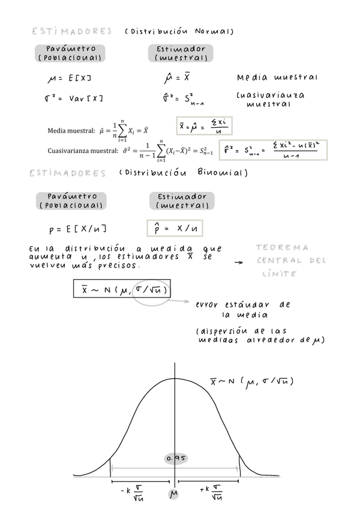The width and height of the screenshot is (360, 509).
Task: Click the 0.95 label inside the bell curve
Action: [176, 458]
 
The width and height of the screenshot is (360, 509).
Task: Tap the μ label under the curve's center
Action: [174, 494]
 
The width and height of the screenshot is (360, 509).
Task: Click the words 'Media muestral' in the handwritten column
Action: [277, 78]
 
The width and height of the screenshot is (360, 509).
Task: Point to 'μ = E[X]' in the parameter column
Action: [70, 79]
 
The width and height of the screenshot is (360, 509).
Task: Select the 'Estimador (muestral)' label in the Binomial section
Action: [181, 200]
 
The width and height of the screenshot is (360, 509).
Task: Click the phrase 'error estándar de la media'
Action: [243, 309]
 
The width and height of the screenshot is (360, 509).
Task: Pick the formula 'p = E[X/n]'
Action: [78, 229]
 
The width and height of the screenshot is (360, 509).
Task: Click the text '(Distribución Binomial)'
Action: [183, 173]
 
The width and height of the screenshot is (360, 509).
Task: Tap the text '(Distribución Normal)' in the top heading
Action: [179, 31]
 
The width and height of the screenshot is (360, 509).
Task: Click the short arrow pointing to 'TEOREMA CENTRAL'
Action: [238, 262]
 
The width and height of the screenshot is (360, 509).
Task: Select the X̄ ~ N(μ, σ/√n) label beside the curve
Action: [251, 382]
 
